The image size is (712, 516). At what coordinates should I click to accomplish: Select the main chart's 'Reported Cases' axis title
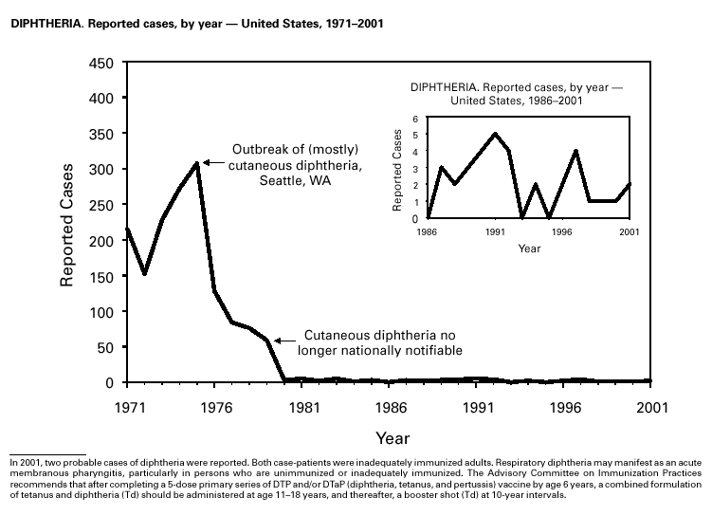click(x=68, y=223)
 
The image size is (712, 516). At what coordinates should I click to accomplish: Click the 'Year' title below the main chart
click(x=392, y=438)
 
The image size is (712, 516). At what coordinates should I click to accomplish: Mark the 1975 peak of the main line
click(x=196, y=163)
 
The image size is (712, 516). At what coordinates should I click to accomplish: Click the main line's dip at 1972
click(x=145, y=274)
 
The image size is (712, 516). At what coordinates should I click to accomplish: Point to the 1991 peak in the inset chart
click(x=495, y=134)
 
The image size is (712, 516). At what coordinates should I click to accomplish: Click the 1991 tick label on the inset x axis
click(x=495, y=230)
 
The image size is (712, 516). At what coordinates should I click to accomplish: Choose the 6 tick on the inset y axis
click(x=415, y=118)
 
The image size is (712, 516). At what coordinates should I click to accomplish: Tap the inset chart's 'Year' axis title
click(x=529, y=249)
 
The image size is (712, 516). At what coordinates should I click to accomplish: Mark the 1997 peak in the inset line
click(x=575, y=151)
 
